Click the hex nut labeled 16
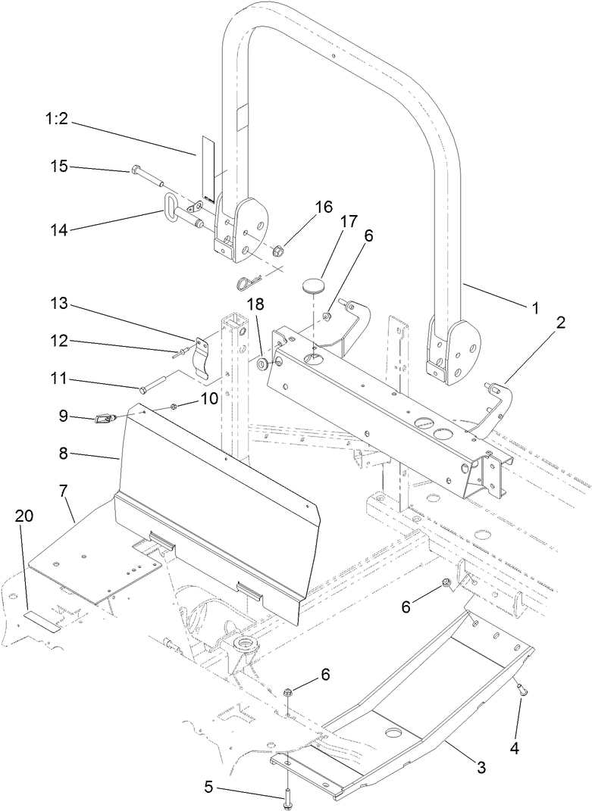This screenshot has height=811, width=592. pyautogui.click(x=277, y=249)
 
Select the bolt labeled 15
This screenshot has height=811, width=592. pyautogui.click(x=149, y=173)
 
